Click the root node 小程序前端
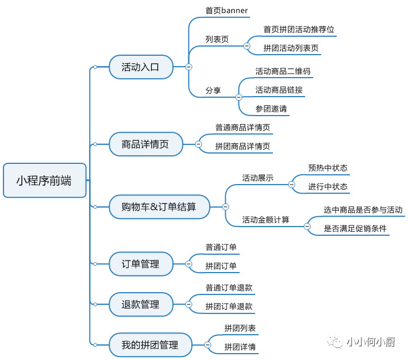click(44, 180)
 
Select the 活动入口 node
click(141, 67)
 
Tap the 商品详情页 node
click(145, 144)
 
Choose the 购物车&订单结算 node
click(159, 206)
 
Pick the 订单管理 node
click(140, 264)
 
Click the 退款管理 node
click(140, 304)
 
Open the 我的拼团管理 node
click(150, 345)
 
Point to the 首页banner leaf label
click(226, 10)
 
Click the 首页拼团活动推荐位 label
click(299, 29)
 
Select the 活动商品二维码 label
click(283, 71)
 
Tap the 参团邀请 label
click(271, 108)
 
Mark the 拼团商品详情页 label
click(243, 146)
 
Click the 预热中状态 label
click(328, 168)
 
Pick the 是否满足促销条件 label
click(355, 228)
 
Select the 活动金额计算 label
click(265, 220)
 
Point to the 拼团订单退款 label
click(229, 307)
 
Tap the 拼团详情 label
click(240, 347)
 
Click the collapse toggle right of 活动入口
click(188, 67)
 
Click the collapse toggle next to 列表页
click(247, 45)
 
